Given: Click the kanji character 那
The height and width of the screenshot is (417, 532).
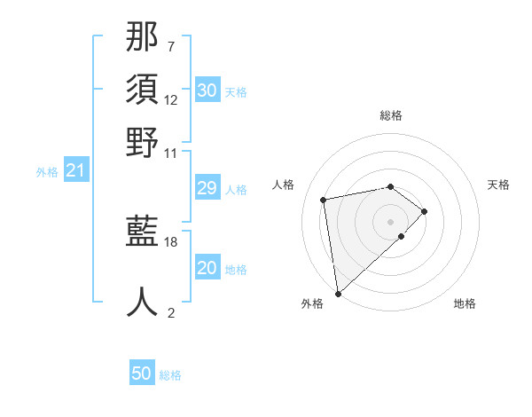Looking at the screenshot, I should pyautogui.click(x=143, y=37).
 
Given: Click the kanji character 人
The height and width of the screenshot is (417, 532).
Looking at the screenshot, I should pyautogui.click(x=143, y=302).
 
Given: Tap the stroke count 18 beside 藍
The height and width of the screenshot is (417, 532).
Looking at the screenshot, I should pyautogui.click(x=171, y=241).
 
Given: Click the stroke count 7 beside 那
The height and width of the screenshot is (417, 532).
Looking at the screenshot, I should pyautogui.click(x=171, y=46).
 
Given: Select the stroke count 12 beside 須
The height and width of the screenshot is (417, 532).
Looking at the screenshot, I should pyautogui.click(x=171, y=99).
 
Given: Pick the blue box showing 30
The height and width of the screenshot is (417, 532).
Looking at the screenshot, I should pyautogui.click(x=207, y=90).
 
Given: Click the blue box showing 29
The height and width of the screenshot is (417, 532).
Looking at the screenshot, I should pyautogui.click(x=207, y=188).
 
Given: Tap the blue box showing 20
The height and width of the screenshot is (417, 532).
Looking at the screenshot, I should pyautogui.click(x=207, y=268).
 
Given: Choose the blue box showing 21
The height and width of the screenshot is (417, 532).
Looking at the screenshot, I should pyautogui.click(x=75, y=170).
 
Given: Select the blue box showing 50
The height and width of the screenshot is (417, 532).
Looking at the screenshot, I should pyautogui.click(x=142, y=374).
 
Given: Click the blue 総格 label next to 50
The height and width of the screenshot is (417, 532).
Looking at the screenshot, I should pyautogui.click(x=170, y=375).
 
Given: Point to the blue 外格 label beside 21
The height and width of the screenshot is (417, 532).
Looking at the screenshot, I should pyautogui.click(x=47, y=172).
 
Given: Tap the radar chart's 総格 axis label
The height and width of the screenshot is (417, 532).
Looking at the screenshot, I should pyautogui.click(x=390, y=115).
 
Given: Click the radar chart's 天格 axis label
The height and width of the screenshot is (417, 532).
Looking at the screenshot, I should pyautogui.click(x=498, y=185).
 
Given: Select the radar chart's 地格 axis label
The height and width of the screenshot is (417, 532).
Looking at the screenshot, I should pyautogui.click(x=465, y=304).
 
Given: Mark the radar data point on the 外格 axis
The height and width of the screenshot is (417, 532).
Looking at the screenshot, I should pyautogui.click(x=338, y=293).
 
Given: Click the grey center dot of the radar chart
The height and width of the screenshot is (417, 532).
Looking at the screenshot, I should pyautogui.click(x=390, y=220).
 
